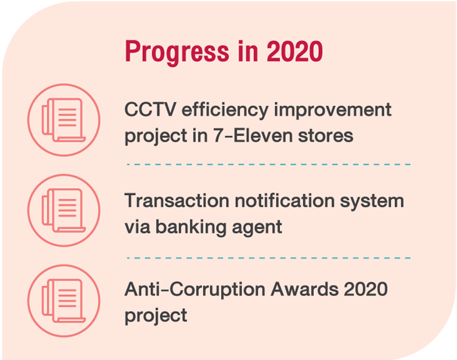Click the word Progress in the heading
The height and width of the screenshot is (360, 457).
(x=177, y=52)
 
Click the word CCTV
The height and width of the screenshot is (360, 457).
(x=150, y=110)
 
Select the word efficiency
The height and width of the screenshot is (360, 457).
(x=225, y=111)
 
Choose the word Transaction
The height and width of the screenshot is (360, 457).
(x=177, y=201)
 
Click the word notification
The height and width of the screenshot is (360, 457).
(x=284, y=201)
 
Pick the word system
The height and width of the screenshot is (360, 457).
(x=372, y=202)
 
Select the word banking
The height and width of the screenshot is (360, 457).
(x=191, y=227)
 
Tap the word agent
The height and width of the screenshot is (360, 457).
(x=257, y=228)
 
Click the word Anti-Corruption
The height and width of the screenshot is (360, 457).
(x=195, y=289)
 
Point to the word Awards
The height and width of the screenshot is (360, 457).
(x=304, y=289)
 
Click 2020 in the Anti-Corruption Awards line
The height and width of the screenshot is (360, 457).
(x=366, y=289)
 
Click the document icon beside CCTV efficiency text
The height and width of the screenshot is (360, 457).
(x=64, y=120)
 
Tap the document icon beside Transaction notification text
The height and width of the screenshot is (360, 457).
(x=64, y=210)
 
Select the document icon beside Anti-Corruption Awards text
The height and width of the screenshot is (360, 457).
(x=64, y=301)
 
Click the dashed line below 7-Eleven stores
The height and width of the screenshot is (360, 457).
(x=268, y=165)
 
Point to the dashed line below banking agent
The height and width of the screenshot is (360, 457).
(x=268, y=258)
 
